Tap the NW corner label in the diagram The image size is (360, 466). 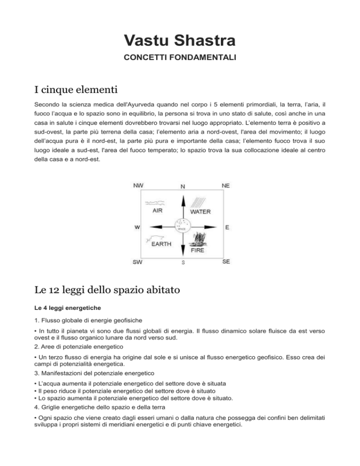[x=138, y=185]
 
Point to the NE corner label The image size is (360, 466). [x=225, y=185]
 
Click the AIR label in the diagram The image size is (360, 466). [x=158, y=211]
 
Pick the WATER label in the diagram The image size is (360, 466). [x=200, y=212]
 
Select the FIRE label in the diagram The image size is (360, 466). [x=197, y=250]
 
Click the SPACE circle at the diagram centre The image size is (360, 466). [x=182, y=226]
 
